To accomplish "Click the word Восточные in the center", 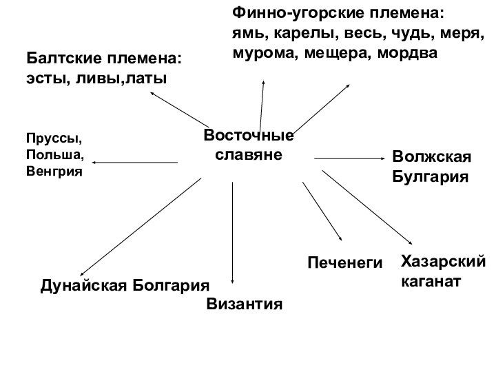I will (249, 136).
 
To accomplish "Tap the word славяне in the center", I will (249, 155).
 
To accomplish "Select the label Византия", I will (245, 304).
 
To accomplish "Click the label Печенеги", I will (344, 262).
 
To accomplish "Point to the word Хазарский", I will (442, 262).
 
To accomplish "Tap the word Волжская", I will (431, 156).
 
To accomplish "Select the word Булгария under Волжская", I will (430, 176).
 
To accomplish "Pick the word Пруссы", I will (49, 138).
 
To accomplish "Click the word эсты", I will (43, 79).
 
